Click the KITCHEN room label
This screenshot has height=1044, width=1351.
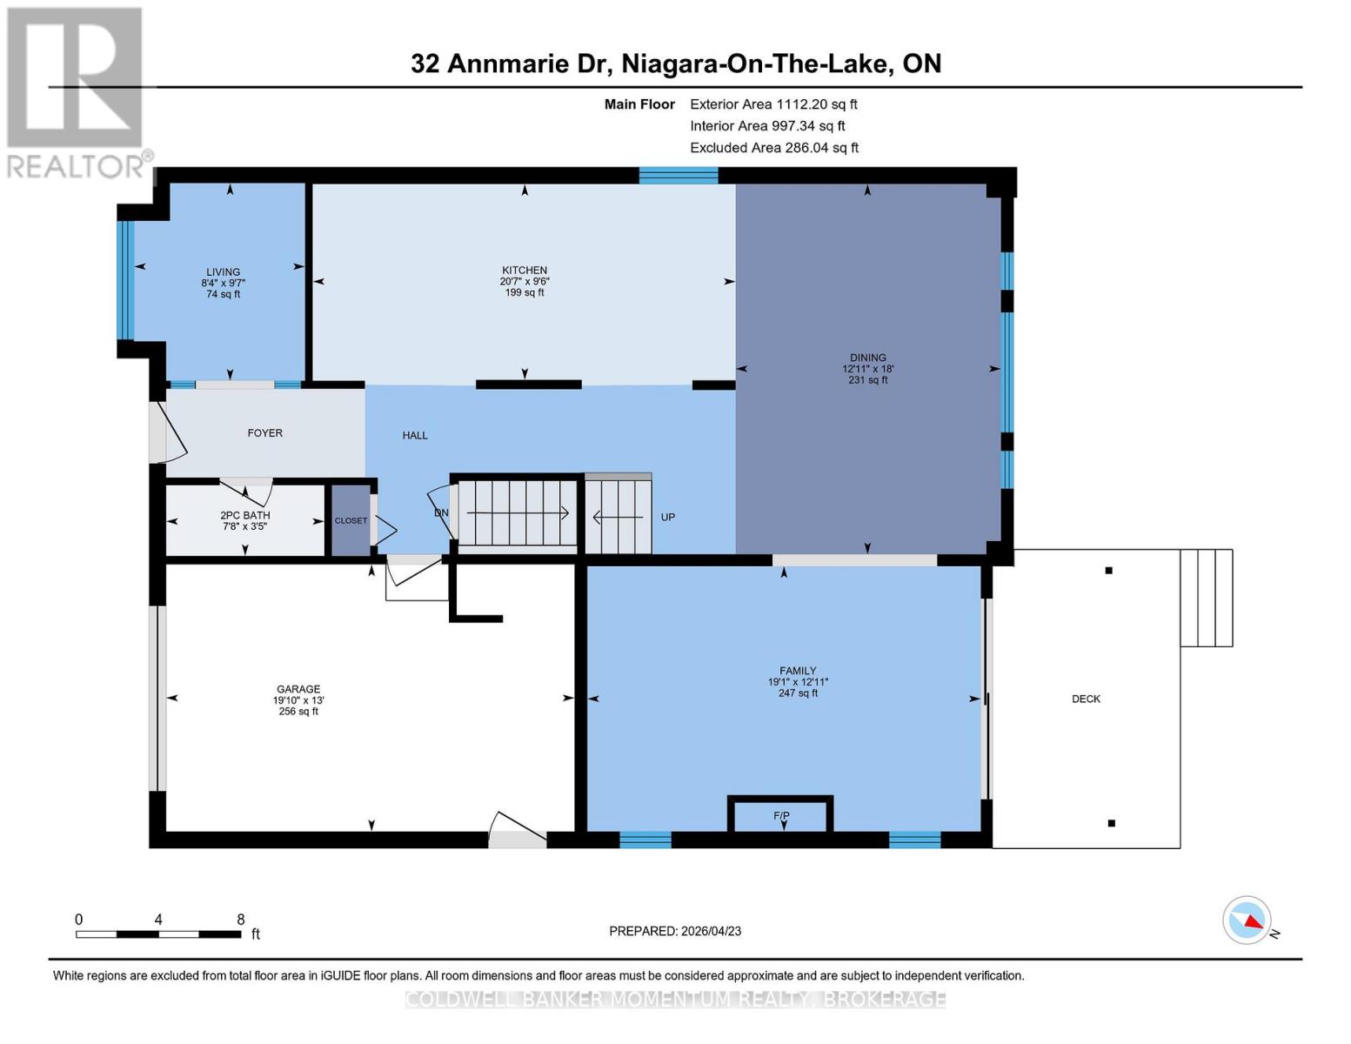click(x=524, y=270)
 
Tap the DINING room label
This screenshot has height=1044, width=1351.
click(x=867, y=358)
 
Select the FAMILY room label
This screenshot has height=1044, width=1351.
click(x=798, y=671)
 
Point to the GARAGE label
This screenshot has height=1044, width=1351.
click(x=298, y=689)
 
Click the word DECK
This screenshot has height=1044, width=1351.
click(x=1086, y=699)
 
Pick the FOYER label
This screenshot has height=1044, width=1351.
click(x=264, y=432)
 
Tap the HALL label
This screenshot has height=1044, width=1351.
click(x=415, y=435)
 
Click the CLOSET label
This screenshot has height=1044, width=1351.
click(x=351, y=520)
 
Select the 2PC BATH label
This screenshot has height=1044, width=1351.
click(x=245, y=515)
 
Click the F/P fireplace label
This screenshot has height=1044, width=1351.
click(x=781, y=815)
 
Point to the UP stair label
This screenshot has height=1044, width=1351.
click(x=668, y=518)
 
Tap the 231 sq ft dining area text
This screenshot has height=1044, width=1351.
click(x=867, y=380)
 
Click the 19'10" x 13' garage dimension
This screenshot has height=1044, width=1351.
click(x=298, y=700)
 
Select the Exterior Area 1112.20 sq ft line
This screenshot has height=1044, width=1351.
click(x=773, y=104)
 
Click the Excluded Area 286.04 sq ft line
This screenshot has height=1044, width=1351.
click(x=774, y=148)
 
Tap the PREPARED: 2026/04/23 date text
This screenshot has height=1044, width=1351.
click(x=674, y=931)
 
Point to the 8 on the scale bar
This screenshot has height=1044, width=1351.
click(x=241, y=919)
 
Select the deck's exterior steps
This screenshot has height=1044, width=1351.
click(x=1206, y=598)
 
